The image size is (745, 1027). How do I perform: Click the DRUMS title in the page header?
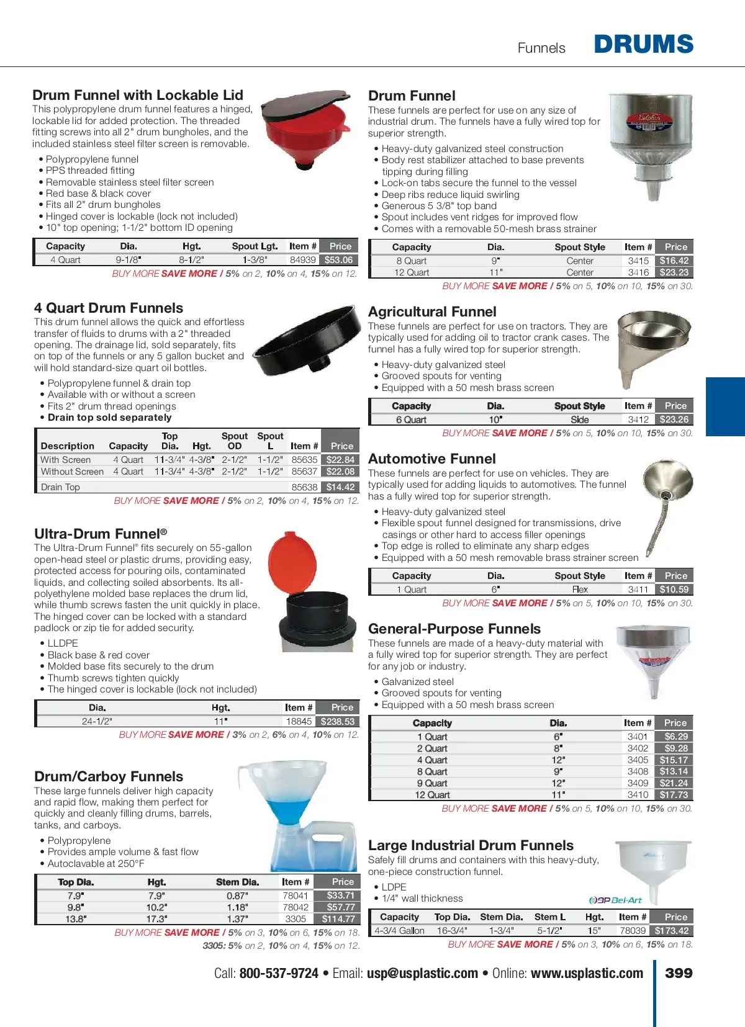(x=643, y=45)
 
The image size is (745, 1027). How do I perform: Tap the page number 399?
(x=679, y=973)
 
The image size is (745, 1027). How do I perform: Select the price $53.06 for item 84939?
(x=338, y=260)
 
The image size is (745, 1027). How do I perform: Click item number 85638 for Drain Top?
(x=304, y=487)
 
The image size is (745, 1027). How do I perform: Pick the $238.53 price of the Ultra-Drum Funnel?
(x=338, y=721)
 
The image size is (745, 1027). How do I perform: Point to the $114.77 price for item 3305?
(x=338, y=918)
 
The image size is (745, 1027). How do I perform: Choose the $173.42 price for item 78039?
(x=672, y=930)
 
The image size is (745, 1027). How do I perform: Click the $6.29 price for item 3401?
(x=675, y=737)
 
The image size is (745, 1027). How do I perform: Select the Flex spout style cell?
(x=580, y=590)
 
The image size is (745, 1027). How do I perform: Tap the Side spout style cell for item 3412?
(x=580, y=419)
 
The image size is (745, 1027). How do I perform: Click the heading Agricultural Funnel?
(x=432, y=312)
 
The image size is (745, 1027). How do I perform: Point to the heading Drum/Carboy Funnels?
(x=109, y=776)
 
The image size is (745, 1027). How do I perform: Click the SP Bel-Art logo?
(x=615, y=900)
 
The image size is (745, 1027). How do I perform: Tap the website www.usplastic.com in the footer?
(x=587, y=973)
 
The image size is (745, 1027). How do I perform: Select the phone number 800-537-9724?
(x=279, y=973)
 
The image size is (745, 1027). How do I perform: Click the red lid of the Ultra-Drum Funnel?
(x=291, y=562)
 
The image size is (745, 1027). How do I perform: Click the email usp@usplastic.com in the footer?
(x=422, y=973)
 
